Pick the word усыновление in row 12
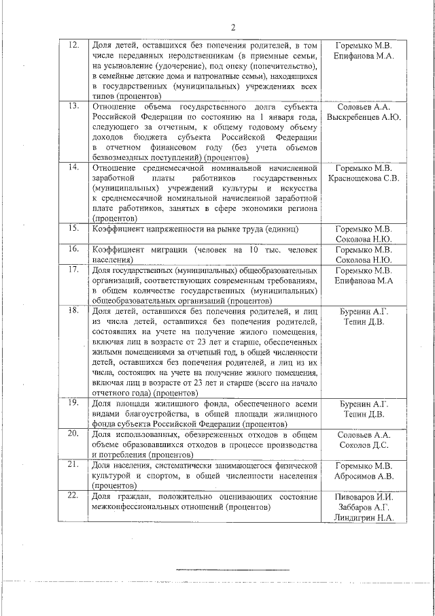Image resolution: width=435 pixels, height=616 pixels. point(128,67)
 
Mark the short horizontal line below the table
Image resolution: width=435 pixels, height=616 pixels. point(232,569)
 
